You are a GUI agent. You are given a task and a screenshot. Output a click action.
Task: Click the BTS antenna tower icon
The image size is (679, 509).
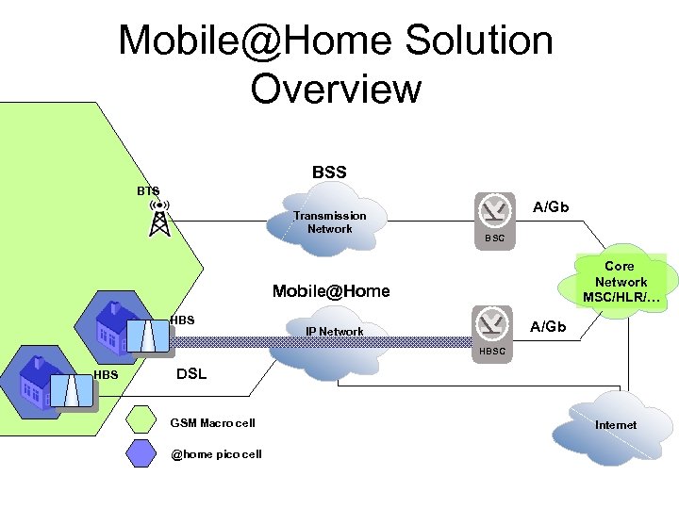point(159,219)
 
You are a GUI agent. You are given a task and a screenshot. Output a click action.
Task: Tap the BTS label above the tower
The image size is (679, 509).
point(148,190)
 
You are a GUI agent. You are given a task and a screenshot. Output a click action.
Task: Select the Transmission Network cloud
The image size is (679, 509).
point(330,223)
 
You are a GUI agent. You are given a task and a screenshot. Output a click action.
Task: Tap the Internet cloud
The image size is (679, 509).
point(615,425)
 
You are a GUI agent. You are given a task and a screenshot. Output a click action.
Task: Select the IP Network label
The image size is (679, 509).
point(334,332)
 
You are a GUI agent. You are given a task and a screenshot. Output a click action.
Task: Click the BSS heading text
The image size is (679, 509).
point(329,172)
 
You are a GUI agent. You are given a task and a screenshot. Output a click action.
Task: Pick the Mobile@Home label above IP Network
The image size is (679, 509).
point(330,291)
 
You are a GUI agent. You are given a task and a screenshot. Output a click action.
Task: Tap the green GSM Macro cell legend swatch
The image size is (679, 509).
point(143,420)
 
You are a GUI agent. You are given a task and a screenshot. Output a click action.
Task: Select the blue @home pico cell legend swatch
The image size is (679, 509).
point(143,454)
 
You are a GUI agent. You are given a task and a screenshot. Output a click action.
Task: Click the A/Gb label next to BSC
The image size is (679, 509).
point(551,207)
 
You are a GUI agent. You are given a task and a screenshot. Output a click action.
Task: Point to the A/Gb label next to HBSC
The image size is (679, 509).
point(548,326)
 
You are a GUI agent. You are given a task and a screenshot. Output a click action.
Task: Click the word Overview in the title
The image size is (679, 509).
point(336,89)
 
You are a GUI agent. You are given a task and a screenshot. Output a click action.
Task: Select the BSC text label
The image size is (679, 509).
point(494,238)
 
